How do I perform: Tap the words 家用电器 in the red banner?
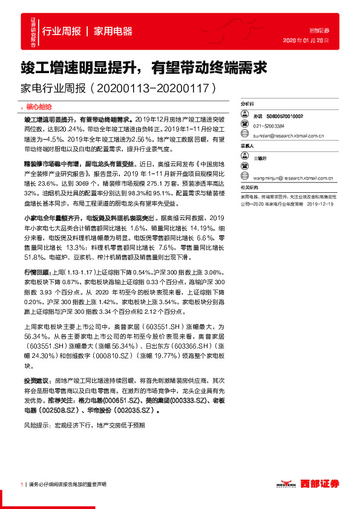click(x=113, y=31)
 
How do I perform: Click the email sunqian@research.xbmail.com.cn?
click(x=290, y=136)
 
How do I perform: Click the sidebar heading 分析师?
click(x=249, y=105)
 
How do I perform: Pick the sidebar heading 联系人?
click(x=249, y=146)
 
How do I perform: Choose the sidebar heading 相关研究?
click(x=250, y=187)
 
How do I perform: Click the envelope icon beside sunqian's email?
click(x=246, y=136)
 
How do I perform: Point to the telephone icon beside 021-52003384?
click(x=246, y=126)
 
